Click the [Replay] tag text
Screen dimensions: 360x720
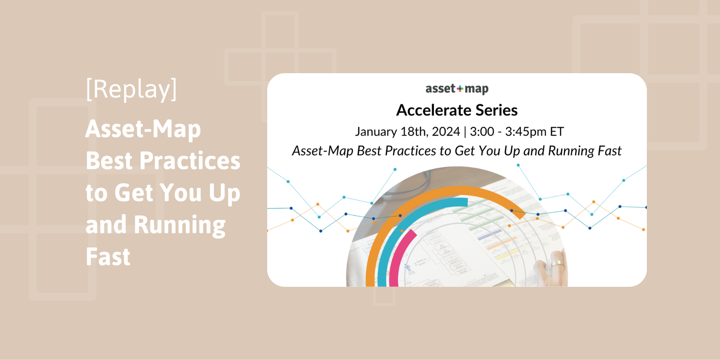click(131, 89)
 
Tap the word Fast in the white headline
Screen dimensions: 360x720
click(108, 257)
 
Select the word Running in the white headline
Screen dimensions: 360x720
click(180, 225)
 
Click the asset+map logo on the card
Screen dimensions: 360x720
click(457, 89)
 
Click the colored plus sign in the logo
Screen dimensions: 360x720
click(460, 89)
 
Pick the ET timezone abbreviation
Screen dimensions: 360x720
click(556, 132)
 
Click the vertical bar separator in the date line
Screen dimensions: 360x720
click(465, 132)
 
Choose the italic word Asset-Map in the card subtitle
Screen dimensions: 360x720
click(322, 151)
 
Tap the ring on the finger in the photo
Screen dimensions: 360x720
click(557, 264)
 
